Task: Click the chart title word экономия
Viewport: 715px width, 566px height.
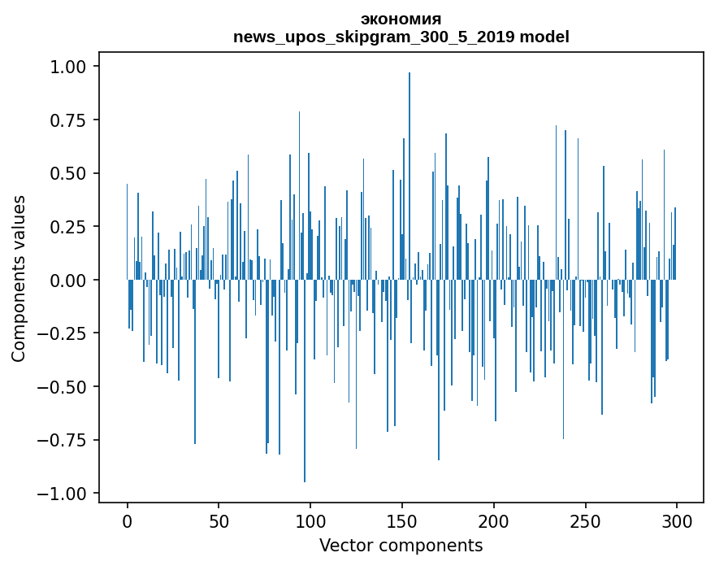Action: pyautogui.click(x=401, y=20)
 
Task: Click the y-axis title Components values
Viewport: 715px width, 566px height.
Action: pyautogui.click(x=19, y=278)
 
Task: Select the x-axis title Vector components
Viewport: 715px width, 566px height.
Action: pyautogui.click(x=401, y=546)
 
